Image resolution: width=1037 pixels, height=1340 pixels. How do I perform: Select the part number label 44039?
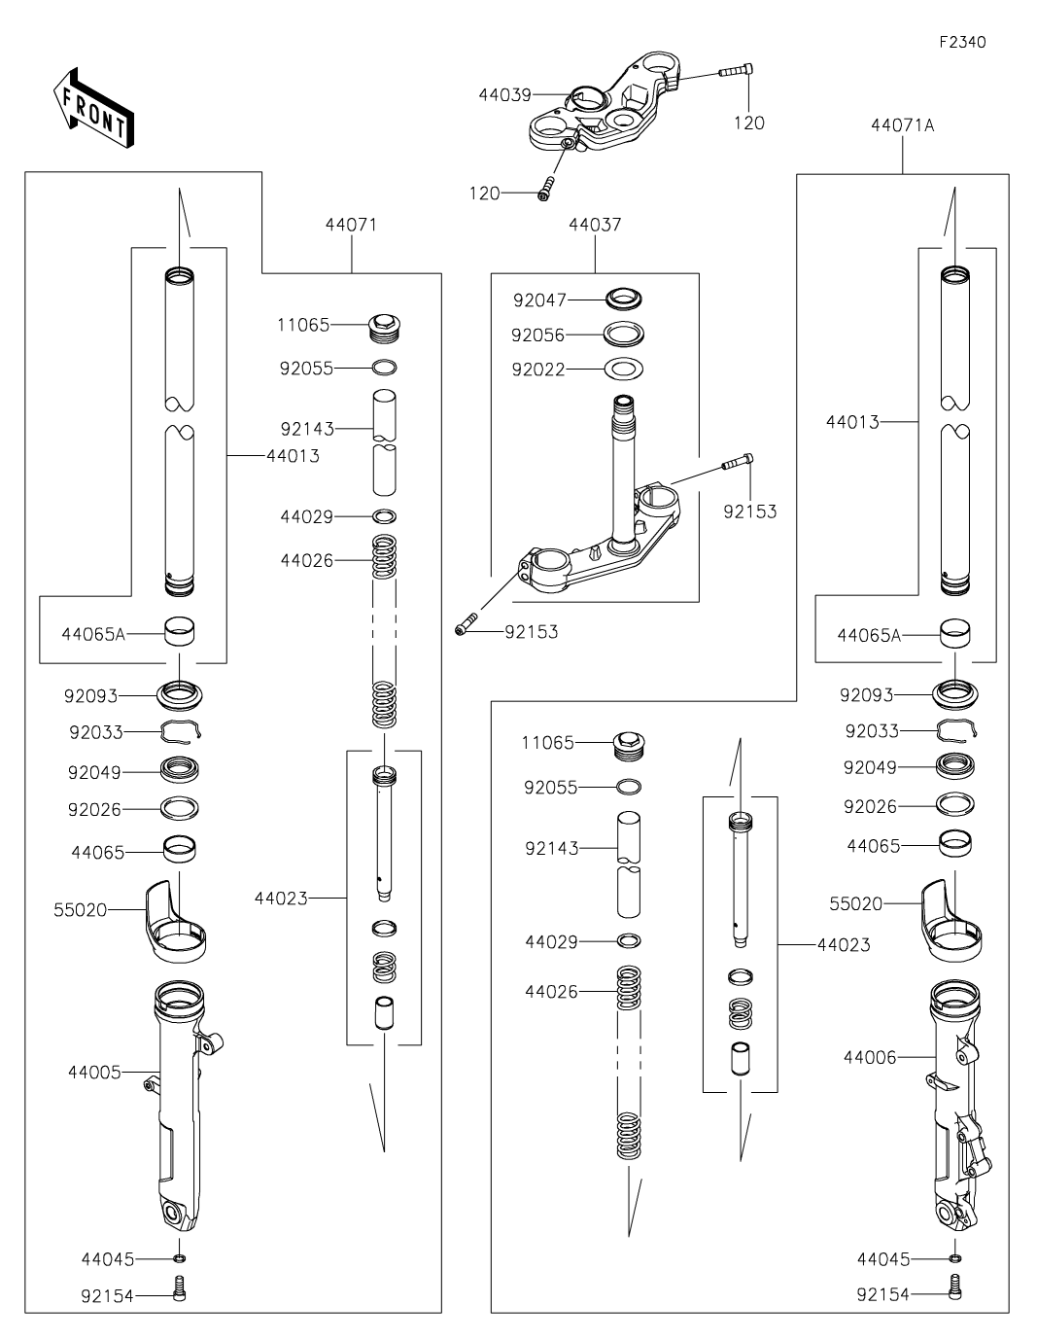(504, 94)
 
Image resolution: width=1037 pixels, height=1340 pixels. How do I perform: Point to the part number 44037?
(595, 225)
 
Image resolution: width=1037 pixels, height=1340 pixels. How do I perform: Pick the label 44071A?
(903, 125)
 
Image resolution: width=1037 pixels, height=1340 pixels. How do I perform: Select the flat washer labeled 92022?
(625, 370)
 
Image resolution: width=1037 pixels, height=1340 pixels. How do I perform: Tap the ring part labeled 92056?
(625, 335)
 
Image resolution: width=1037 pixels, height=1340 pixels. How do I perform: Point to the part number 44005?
(94, 1073)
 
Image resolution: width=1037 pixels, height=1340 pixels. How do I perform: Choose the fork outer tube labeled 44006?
(957, 1109)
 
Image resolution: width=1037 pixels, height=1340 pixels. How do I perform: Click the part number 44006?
(870, 1057)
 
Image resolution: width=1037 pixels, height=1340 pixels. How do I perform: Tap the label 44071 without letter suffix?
(351, 225)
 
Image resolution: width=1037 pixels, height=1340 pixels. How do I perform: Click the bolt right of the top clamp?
(737, 70)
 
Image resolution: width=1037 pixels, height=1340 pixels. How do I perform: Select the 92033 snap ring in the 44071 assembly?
(181, 731)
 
